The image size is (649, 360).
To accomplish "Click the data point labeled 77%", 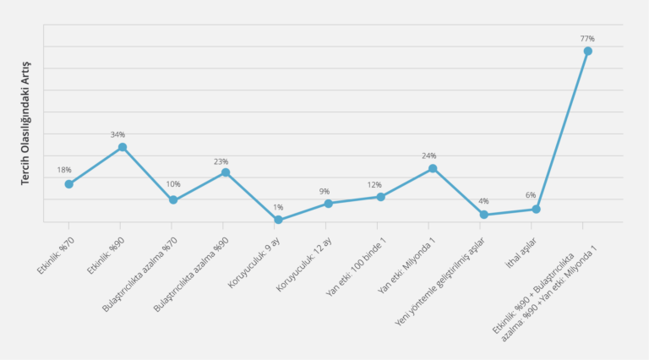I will (587, 51).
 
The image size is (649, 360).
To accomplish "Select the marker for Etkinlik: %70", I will (69, 183).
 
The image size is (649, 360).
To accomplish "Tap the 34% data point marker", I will (122, 147).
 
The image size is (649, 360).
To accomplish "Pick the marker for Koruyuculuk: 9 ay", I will (278, 220).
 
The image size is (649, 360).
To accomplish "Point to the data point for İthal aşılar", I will (536, 209).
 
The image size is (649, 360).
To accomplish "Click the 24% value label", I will (429, 156).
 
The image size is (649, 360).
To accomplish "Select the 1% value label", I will (278, 207).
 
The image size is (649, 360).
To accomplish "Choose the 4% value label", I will (483, 201).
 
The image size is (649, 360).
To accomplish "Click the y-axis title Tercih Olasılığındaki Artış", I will (26, 123).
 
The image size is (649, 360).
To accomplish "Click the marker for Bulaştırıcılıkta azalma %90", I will (226, 172).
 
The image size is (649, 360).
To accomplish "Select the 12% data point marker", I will (381, 197).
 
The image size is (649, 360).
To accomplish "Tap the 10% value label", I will (172, 184).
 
